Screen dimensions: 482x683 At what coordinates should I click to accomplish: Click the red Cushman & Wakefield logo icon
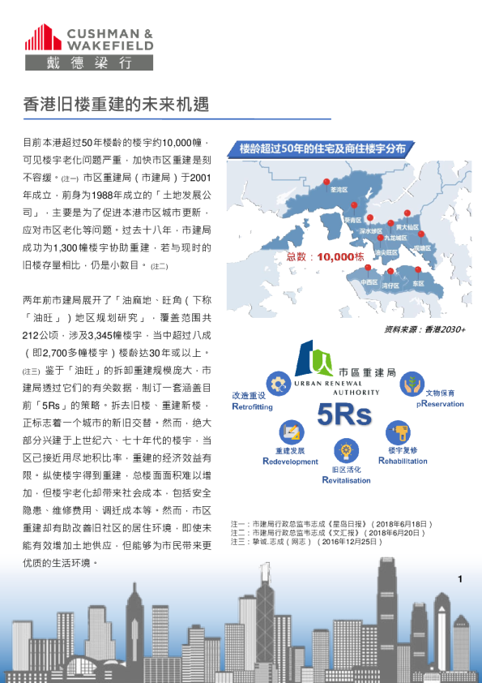43,38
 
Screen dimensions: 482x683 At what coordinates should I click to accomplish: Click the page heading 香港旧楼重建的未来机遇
116,105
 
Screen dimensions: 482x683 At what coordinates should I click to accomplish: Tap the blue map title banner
322,148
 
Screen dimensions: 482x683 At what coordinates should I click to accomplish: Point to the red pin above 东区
418,271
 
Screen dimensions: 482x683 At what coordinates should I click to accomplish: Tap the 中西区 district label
369,283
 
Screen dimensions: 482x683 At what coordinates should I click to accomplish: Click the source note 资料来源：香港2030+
424,330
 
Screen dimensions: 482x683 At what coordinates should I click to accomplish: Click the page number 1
459,578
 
